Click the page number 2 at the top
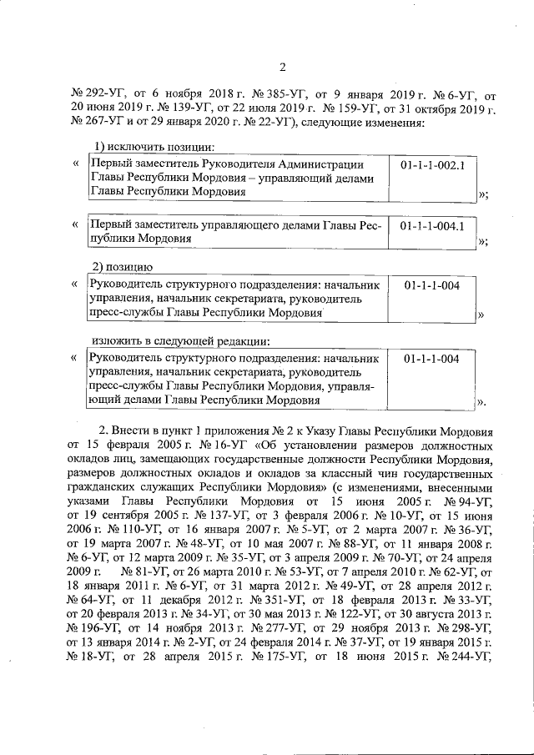point(281,68)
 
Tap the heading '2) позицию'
point(119,267)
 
